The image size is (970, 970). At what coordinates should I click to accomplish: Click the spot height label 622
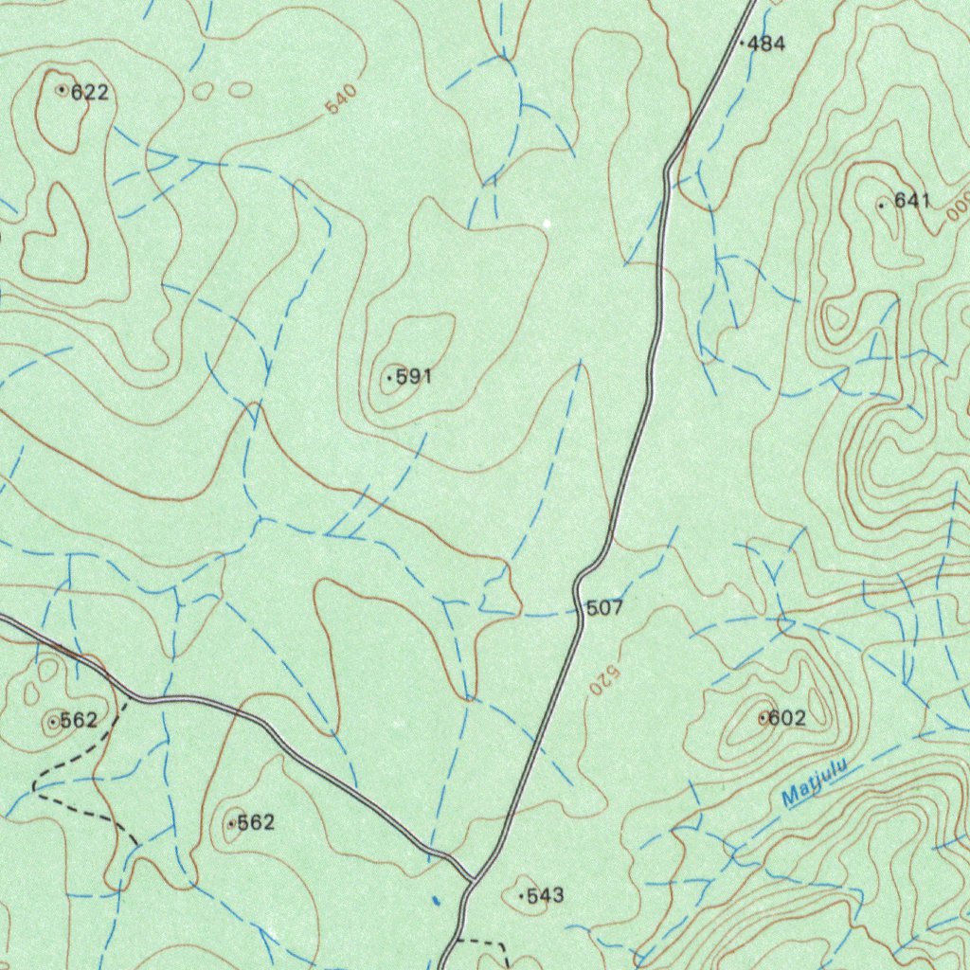(x=89, y=93)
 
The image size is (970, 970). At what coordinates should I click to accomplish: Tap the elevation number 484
(x=766, y=44)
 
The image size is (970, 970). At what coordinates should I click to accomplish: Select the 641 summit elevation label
(x=912, y=201)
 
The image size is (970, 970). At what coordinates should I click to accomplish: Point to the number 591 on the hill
(x=413, y=377)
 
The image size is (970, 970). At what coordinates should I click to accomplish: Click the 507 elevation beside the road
(x=604, y=608)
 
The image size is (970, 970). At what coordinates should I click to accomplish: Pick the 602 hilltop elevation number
(x=787, y=719)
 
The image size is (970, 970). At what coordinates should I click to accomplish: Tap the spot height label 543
(x=545, y=896)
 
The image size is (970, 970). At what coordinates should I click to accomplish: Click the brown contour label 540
(x=341, y=100)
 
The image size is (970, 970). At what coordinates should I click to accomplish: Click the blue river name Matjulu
(x=812, y=785)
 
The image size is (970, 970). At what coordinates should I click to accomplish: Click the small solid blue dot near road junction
(x=435, y=901)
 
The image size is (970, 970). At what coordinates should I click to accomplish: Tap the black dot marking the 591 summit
(x=389, y=379)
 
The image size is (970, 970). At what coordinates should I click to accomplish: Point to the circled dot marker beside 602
(x=763, y=719)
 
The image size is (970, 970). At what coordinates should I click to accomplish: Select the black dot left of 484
(x=741, y=44)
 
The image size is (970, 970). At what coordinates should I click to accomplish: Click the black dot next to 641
(x=881, y=205)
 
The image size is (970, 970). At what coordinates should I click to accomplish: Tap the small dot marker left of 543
(x=521, y=896)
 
